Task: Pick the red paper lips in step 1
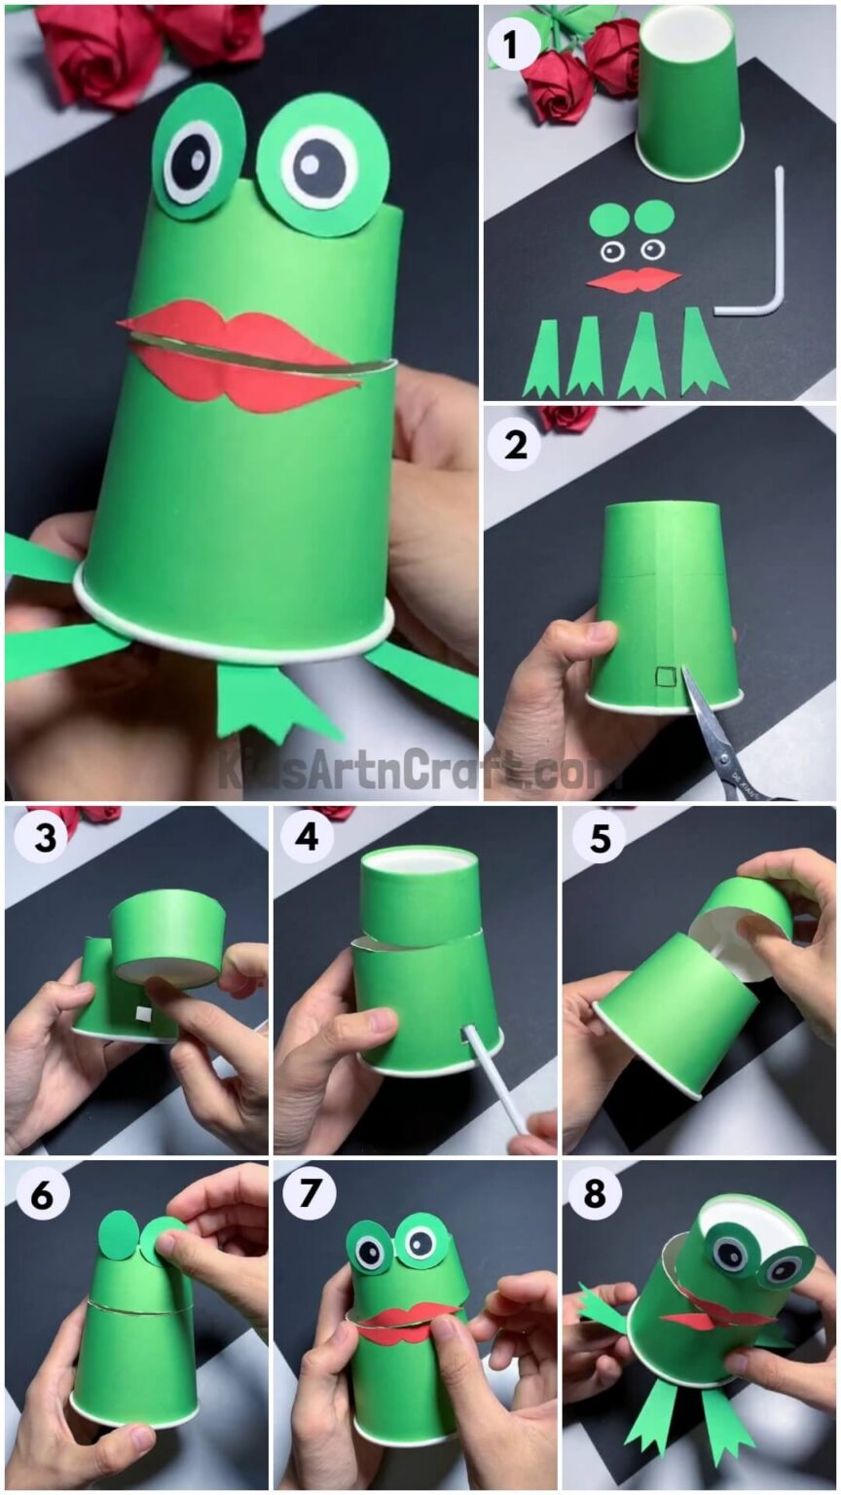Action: click(634, 280)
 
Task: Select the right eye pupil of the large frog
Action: click(321, 165)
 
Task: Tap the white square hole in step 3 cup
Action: click(143, 1015)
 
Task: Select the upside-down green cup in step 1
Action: click(689, 92)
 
